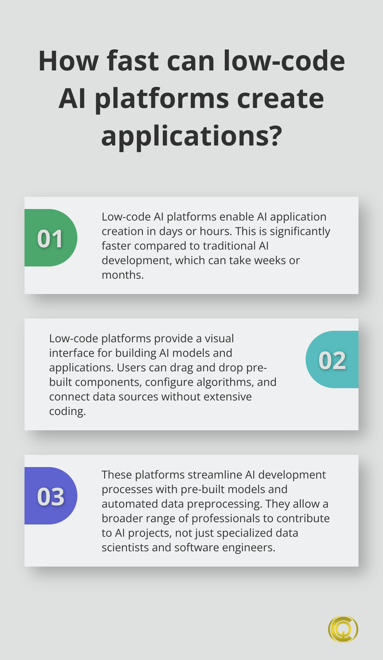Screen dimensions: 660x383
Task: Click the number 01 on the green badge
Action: click(x=50, y=239)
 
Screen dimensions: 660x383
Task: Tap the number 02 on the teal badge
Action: click(x=332, y=360)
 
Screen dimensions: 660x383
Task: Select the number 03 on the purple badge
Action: click(x=51, y=497)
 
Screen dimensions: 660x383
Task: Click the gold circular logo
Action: click(x=343, y=629)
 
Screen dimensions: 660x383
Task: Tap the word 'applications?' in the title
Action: click(x=191, y=136)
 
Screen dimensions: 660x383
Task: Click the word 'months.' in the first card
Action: click(x=123, y=275)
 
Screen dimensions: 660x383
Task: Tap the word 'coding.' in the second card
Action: click(x=67, y=411)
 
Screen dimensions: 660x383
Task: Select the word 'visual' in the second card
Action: click(x=219, y=338)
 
